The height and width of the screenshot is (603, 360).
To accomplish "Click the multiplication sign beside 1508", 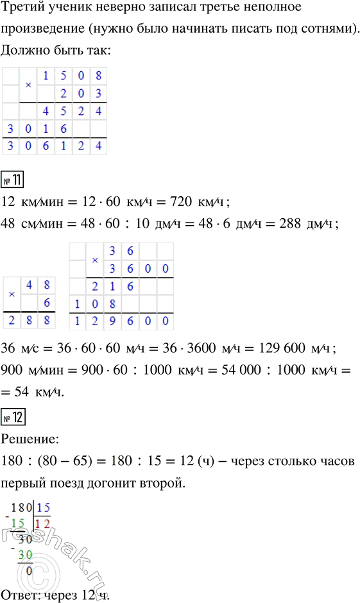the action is [28, 84].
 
